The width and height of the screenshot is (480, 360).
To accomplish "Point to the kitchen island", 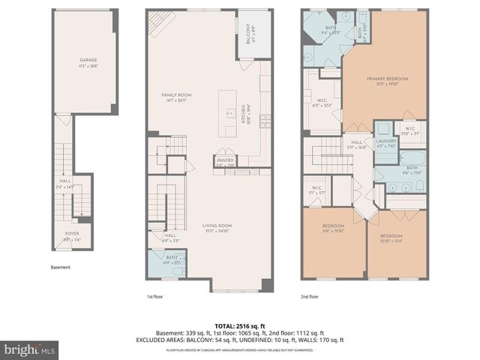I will pos(226,113).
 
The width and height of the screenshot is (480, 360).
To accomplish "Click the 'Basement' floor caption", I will pos(61,267).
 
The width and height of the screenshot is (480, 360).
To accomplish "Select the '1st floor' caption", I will pos(155,297).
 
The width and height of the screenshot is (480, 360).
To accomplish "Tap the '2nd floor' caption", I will pos(309,297).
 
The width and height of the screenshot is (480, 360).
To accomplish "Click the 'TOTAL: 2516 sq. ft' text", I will pos(240,324).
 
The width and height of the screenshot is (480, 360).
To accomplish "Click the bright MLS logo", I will pos(29,349).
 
